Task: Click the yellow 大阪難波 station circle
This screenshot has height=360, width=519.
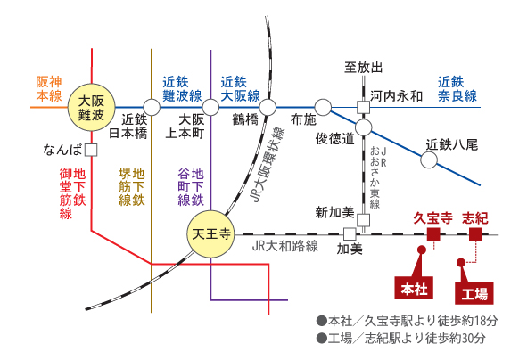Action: (x=91, y=107)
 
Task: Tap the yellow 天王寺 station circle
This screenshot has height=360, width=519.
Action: (x=210, y=234)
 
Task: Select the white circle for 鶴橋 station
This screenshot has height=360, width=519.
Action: (x=268, y=107)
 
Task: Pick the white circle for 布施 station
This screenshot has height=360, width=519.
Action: (x=323, y=107)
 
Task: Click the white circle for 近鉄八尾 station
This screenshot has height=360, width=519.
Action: (x=429, y=160)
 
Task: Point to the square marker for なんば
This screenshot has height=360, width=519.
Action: (x=91, y=150)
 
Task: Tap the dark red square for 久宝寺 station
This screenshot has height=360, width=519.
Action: (x=433, y=234)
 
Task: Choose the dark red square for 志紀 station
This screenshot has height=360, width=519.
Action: (x=475, y=234)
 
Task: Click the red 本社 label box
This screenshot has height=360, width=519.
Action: (x=414, y=288)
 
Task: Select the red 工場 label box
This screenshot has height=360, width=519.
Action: (x=474, y=293)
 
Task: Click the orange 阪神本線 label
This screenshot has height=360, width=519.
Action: (x=49, y=89)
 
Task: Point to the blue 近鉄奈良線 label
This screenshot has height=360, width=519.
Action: (x=457, y=89)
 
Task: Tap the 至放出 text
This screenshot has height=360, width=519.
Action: (x=363, y=68)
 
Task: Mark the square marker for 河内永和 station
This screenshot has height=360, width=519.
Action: (x=363, y=107)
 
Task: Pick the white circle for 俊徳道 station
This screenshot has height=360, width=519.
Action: (x=364, y=127)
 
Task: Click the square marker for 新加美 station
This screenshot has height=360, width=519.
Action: (x=364, y=220)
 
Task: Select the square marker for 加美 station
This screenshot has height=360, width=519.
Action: (x=350, y=234)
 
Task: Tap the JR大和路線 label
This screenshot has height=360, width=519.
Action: (x=285, y=246)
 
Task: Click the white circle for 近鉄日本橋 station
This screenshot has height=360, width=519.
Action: (x=152, y=107)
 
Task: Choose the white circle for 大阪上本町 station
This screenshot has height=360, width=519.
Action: (x=210, y=107)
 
